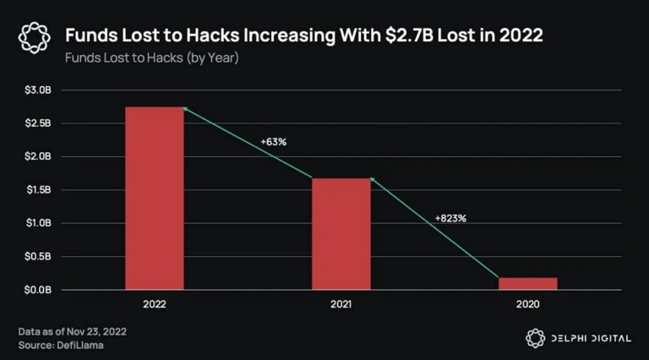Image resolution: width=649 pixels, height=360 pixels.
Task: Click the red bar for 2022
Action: point(154,198)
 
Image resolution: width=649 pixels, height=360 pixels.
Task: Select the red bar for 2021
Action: point(341,233)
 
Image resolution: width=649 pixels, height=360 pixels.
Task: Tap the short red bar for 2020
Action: point(527,283)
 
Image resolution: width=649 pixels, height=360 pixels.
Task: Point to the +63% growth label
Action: point(273,142)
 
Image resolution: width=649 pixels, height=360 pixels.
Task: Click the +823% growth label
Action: point(450,218)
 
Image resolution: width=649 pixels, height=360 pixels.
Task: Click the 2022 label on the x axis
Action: point(154,303)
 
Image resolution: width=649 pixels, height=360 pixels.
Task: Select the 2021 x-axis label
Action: point(341,303)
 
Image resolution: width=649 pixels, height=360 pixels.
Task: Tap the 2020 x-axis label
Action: point(527,303)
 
